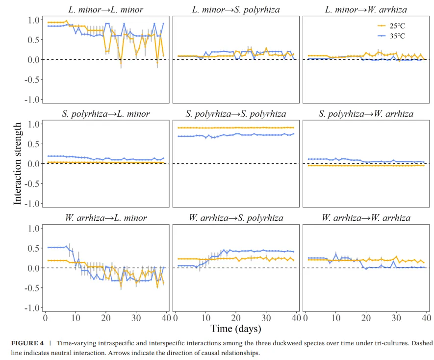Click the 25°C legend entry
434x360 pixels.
pos(391,26)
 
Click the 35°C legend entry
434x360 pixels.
pos(391,36)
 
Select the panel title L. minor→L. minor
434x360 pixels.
pos(106,10)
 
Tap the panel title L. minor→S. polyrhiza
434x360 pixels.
pos(236,10)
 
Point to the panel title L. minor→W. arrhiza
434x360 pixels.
pos(366,10)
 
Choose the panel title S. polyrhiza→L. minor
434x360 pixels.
pos(106,114)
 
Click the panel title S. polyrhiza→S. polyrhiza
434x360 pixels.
pos(236,114)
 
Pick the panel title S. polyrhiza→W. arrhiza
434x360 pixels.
pos(366,114)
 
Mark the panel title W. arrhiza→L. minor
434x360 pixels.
pos(106,218)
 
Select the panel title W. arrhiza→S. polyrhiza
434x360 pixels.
pos(236,218)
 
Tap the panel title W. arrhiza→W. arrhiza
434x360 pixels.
pos(366,218)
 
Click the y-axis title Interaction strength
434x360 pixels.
pos(17,164)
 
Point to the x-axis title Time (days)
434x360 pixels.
pos(236,329)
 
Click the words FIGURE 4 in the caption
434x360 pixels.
pos(27,343)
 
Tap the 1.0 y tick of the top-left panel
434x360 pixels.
pos(33,20)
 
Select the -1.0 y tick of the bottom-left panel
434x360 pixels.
pos(32,308)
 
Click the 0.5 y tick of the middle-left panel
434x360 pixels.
pos(33,144)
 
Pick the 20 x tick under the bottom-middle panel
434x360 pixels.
pos(236,318)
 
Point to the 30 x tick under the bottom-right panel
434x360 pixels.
pos(396,318)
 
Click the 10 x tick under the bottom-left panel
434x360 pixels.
pos(76,318)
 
